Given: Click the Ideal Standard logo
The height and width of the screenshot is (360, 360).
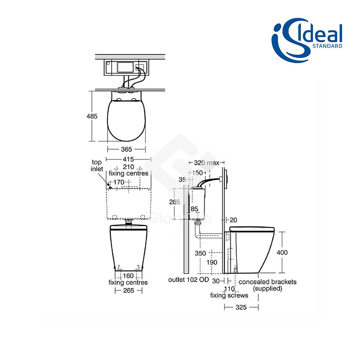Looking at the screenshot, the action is click(x=307, y=40).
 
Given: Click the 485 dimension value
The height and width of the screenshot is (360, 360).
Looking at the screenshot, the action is click(x=92, y=116).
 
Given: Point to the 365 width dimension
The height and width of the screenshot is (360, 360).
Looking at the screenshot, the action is click(x=126, y=150).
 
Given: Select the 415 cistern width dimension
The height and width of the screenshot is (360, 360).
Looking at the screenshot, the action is click(x=128, y=159).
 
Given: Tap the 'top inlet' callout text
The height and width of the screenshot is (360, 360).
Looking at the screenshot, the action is click(x=97, y=166).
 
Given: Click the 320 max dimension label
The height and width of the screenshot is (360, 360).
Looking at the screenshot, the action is click(x=206, y=163).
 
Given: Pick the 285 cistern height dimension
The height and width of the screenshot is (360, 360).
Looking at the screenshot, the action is click(x=174, y=202).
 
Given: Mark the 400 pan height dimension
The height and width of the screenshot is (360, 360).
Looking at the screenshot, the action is click(x=282, y=253).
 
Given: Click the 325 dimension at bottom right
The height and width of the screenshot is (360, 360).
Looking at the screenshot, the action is click(x=241, y=307).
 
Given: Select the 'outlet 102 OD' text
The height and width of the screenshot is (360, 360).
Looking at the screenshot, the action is click(x=189, y=280).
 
